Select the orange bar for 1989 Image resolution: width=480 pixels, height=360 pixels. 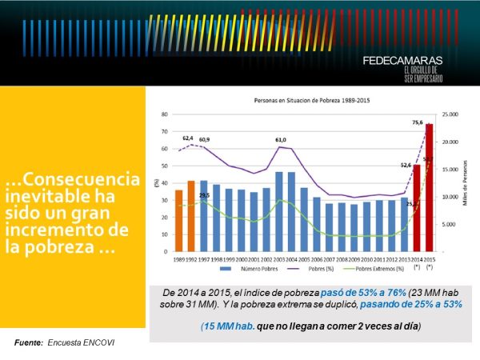[x=178, y=220]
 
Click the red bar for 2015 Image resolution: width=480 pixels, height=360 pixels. [x=429, y=188]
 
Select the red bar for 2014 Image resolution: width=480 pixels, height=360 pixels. [x=416, y=208]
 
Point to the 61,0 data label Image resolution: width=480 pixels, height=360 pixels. [x=281, y=140]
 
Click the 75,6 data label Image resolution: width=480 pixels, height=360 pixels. [x=418, y=122]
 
